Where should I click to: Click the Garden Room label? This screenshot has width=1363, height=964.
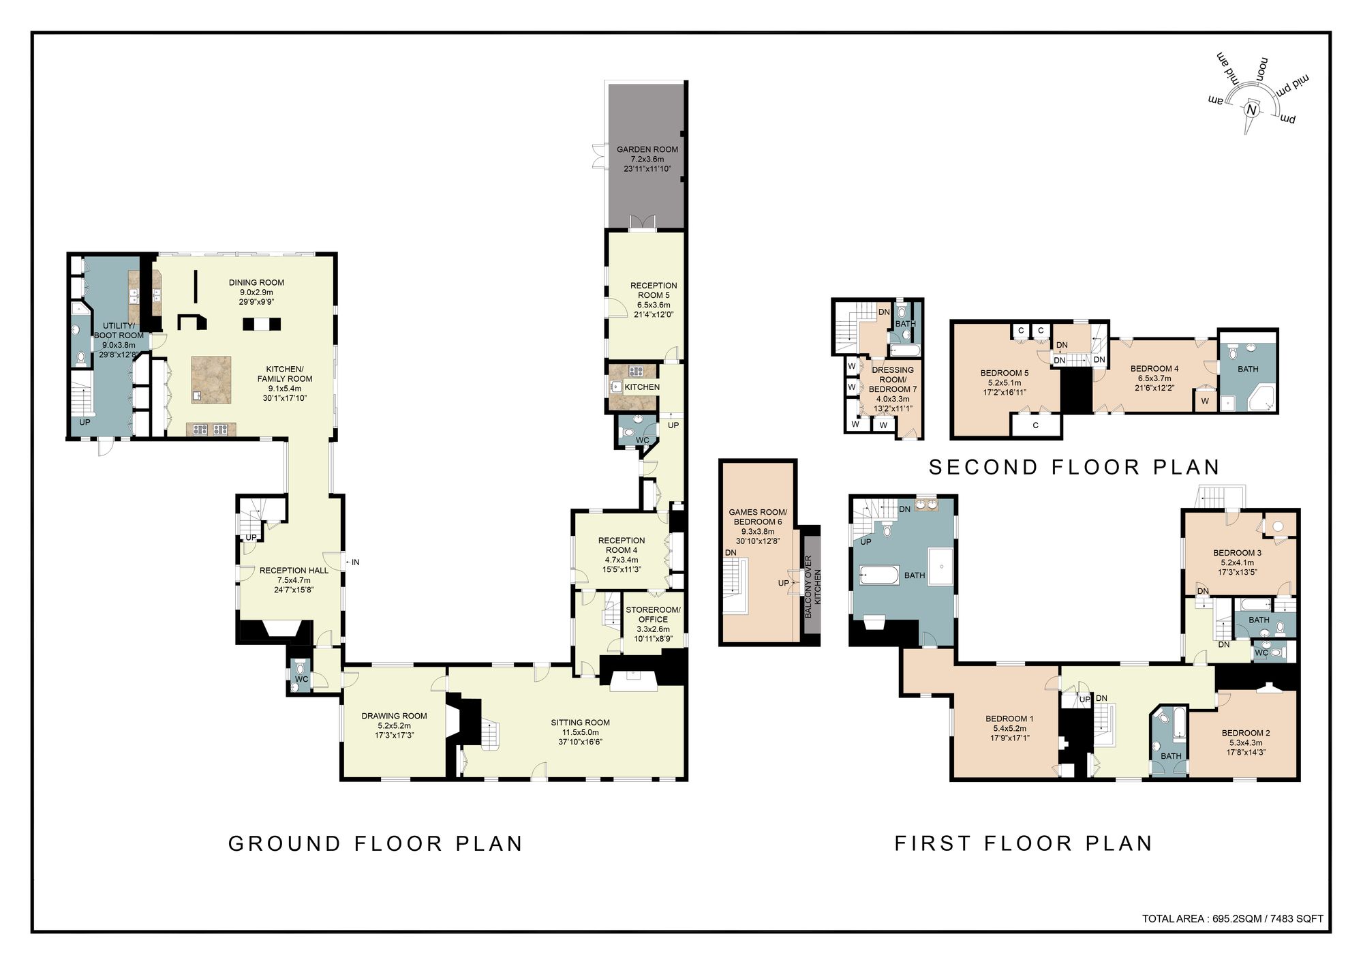647,149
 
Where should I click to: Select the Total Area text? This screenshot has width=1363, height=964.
1232,918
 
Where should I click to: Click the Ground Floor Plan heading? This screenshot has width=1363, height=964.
376,843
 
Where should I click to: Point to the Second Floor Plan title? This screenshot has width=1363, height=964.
1074,467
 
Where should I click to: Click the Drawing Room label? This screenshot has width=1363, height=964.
394,716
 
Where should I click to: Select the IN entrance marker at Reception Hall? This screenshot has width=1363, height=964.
355,562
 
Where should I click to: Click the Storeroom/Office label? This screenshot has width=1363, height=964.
653,614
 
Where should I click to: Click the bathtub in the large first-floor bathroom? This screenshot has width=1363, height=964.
877,576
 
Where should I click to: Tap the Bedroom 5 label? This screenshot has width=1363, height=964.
1004,373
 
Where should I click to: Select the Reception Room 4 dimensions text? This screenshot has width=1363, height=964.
621,564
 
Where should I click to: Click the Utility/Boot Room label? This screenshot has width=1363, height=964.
119,331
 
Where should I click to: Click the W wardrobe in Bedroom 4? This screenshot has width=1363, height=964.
1205,401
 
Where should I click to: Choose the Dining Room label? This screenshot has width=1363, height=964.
256,282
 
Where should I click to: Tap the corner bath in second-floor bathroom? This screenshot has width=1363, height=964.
1261,397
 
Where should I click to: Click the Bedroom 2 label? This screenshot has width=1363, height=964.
1245,733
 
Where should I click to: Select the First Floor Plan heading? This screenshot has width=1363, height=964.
1023,843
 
